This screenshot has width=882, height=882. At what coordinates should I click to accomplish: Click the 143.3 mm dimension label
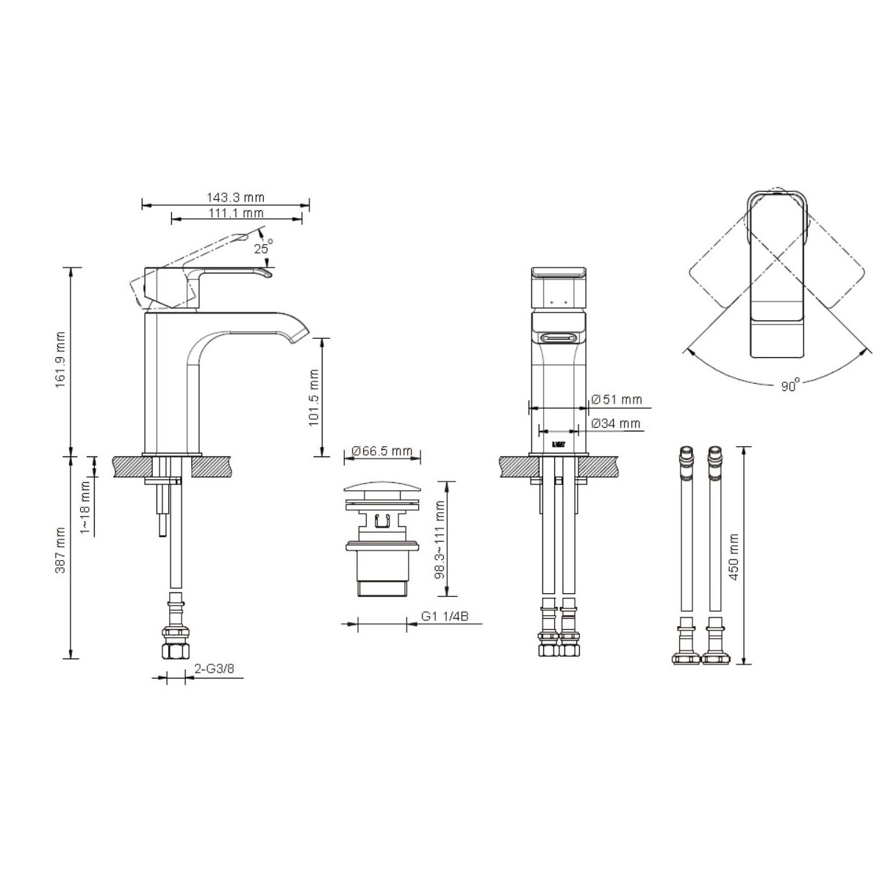point(235,197)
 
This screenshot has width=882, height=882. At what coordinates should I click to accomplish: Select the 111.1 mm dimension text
point(236,213)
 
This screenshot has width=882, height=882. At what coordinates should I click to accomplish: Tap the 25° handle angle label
point(263,248)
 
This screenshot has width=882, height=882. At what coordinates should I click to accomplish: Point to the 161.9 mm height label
point(61,359)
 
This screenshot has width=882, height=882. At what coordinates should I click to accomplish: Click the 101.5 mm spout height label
point(314,398)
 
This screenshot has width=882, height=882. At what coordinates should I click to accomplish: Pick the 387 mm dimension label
point(61,551)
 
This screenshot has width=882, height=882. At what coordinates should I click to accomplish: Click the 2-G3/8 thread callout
point(214,669)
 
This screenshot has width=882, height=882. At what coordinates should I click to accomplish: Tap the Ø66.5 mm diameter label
point(381,451)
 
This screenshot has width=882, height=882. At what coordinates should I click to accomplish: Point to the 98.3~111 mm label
point(440,540)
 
